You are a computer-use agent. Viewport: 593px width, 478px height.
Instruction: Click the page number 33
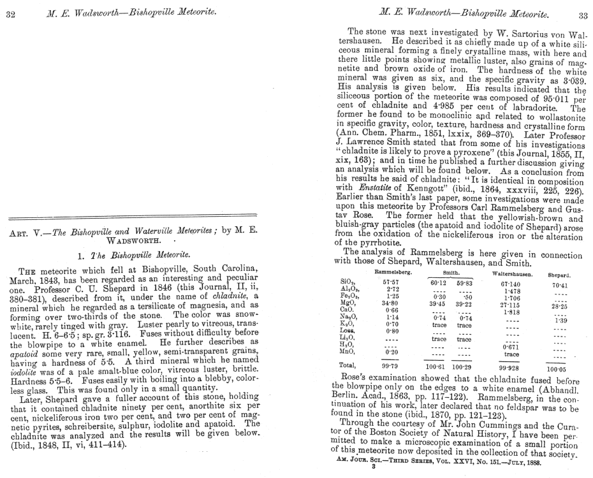tap(582, 15)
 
